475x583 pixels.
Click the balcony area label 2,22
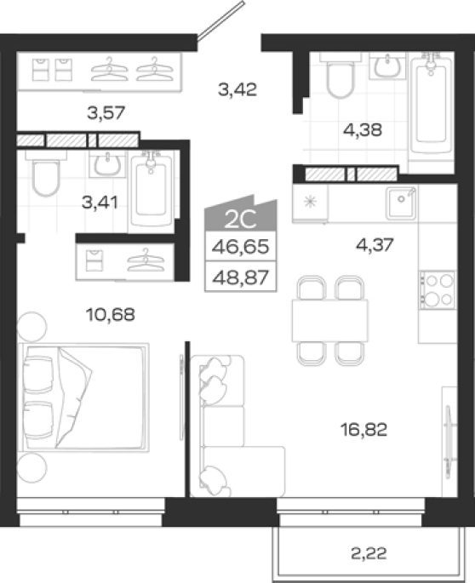coord(369,553)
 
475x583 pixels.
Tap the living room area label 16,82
coord(363,430)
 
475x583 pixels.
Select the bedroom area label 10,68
coord(111,315)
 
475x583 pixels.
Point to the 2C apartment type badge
coord(241,215)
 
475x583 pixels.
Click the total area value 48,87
coord(240,277)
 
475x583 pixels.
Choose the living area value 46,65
coord(240,247)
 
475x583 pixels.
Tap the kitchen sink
coord(401,203)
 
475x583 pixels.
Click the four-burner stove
coord(438,290)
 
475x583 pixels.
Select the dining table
coord(330,321)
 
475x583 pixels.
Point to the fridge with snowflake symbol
coord(310,203)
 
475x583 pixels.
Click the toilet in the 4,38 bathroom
coord(340,76)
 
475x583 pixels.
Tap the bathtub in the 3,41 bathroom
coord(151,191)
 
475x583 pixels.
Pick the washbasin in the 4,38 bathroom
coord(387,65)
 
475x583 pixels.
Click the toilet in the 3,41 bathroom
coord(46,173)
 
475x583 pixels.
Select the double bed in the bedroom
coord(84,397)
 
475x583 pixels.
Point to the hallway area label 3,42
coord(237,89)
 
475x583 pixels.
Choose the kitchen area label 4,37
coord(375,244)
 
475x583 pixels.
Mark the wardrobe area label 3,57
coord(106,112)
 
